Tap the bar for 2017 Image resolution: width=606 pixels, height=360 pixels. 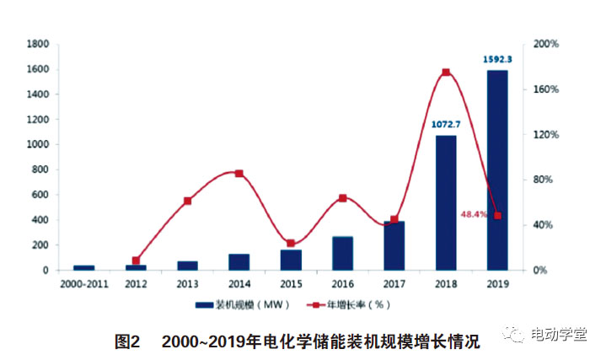tap(394, 246)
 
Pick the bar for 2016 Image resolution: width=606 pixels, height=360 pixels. tap(342, 253)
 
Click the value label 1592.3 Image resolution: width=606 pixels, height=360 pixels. tap(497, 60)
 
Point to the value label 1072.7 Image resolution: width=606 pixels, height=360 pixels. tap(446, 125)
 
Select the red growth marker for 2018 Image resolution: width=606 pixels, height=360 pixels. tap(446, 73)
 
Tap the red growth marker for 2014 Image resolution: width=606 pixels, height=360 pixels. tap(239, 174)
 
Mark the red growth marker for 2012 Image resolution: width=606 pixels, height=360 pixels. tap(136, 261)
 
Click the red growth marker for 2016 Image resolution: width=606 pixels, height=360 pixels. tap(342, 198)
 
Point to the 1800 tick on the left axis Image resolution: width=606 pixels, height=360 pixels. tap(36, 44)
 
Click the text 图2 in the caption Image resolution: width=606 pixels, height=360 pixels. tap(126, 341)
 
